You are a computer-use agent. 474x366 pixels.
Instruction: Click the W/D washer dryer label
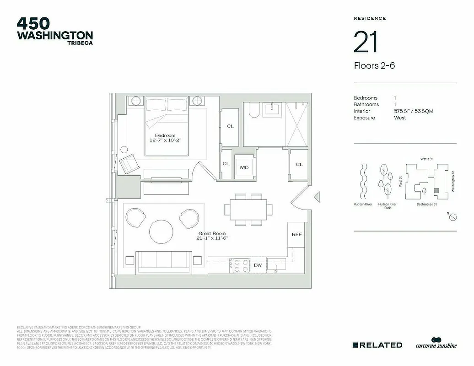coord(243,167)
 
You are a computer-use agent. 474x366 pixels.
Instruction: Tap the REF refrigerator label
coord(296,234)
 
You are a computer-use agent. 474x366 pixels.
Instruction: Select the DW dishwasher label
coord(258,265)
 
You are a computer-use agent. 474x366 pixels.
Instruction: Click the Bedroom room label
coord(165,135)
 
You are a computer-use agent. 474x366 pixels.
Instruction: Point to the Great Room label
coord(212,233)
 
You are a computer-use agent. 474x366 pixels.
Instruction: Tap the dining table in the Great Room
coord(250,209)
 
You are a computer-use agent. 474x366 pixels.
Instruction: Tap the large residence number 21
coord(366,42)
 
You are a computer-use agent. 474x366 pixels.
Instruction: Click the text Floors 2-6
coord(374,65)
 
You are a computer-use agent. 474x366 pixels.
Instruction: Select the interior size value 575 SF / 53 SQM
coord(413,111)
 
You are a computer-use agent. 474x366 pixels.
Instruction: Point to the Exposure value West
coord(400,118)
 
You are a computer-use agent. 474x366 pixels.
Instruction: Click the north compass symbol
coord(452,218)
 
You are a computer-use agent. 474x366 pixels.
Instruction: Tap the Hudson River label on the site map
coord(362,205)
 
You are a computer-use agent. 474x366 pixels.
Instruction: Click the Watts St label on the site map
coord(426,159)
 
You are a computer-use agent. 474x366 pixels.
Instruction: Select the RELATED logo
coord(377,345)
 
